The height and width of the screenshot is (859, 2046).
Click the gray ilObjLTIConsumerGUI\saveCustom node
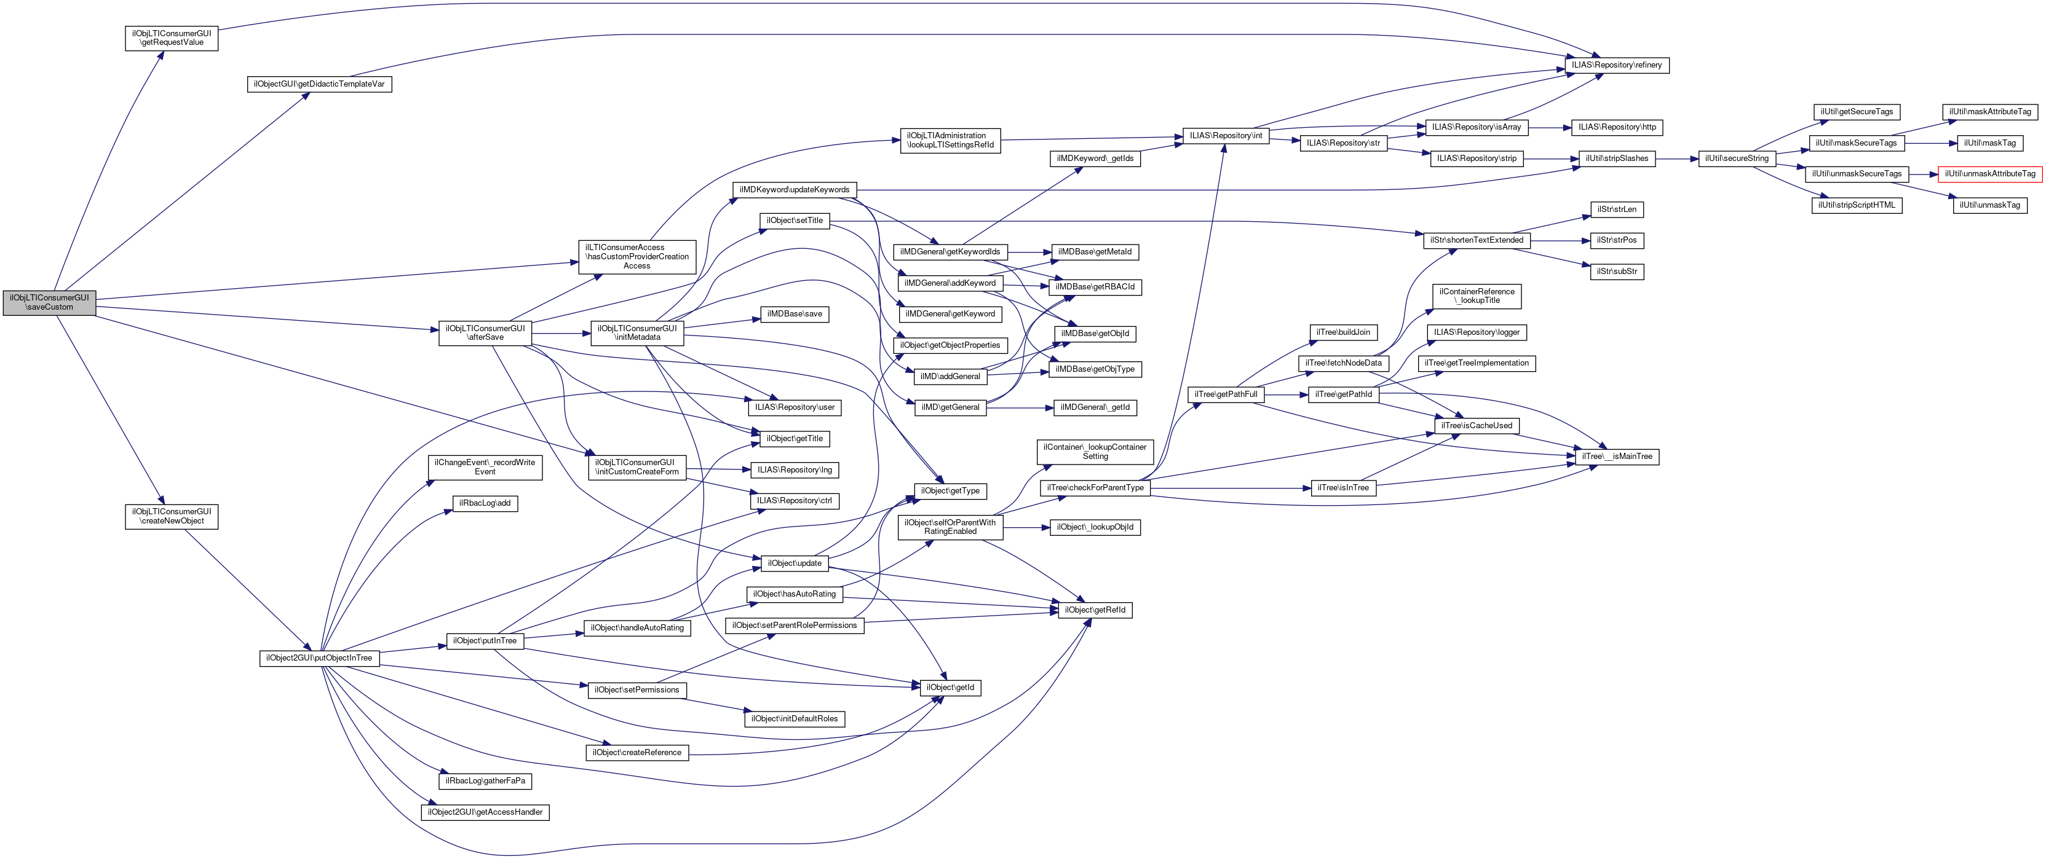(49, 302)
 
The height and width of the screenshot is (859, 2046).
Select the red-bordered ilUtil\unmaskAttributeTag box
(1989, 174)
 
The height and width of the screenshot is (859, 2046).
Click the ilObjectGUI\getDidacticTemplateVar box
(319, 84)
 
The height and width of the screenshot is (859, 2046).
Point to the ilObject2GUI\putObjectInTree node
(319, 658)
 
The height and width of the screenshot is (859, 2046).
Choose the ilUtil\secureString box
(1736, 159)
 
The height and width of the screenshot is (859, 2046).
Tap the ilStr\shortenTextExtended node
(1476, 240)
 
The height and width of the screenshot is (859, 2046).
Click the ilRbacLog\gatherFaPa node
(485, 781)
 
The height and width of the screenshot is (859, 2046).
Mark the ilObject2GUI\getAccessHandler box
(485, 813)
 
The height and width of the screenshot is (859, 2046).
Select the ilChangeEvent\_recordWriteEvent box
(485, 468)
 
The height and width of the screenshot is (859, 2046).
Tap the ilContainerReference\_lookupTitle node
(1477, 296)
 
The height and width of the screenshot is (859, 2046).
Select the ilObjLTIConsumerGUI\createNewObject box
(172, 517)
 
